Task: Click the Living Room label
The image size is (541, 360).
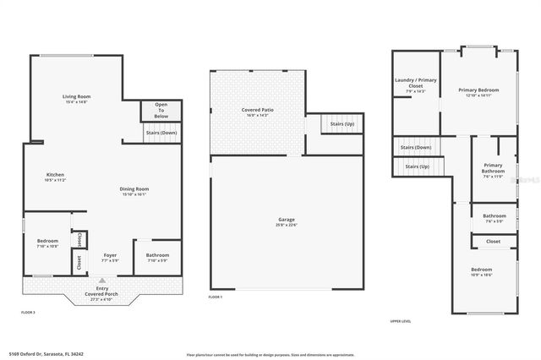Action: click(x=76, y=97)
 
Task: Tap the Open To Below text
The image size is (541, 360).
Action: click(x=161, y=111)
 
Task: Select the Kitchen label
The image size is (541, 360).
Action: click(x=55, y=175)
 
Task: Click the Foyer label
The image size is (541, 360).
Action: click(x=110, y=254)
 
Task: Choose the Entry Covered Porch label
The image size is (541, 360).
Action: click(x=101, y=292)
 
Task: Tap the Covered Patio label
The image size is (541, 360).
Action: click(x=256, y=110)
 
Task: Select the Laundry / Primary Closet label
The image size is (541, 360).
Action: click(x=415, y=83)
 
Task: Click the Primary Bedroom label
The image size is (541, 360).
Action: click(x=478, y=90)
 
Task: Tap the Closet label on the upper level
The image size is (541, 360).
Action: click(x=493, y=241)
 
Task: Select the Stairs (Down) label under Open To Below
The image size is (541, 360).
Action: click(x=161, y=133)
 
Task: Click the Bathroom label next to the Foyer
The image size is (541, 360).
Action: click(x=158, y=254)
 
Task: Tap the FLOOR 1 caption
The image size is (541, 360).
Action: click(x=216, y=297)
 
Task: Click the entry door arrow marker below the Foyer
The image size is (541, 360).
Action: click(x=102, y=279)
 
